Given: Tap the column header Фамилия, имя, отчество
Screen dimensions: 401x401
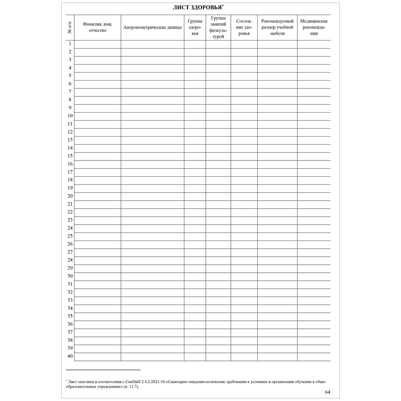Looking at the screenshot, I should [x=97, y=27].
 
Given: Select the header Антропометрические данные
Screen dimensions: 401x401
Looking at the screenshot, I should [x=152, y=27].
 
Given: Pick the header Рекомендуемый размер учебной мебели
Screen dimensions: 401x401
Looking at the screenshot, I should [x=277, y=27].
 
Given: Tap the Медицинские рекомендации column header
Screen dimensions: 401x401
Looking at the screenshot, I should [x=313, y=27].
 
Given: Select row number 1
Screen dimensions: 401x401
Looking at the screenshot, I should [x=69, y=44].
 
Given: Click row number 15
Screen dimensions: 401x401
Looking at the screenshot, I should [x=70, y=156].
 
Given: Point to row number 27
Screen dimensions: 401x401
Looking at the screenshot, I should [x=70, y=252].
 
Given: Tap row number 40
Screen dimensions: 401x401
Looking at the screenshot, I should [x=70, y=356].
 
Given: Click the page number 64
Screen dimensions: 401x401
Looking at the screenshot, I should [x=327, y=392].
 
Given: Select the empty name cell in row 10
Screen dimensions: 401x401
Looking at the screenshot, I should [x=97, y=116].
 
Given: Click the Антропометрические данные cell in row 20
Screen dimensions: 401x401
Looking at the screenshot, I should [x=152, y=196].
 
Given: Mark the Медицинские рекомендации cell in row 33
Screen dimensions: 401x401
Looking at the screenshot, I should [x=313, y=300].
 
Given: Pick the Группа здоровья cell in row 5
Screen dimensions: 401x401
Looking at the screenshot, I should [x=194, y=76].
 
